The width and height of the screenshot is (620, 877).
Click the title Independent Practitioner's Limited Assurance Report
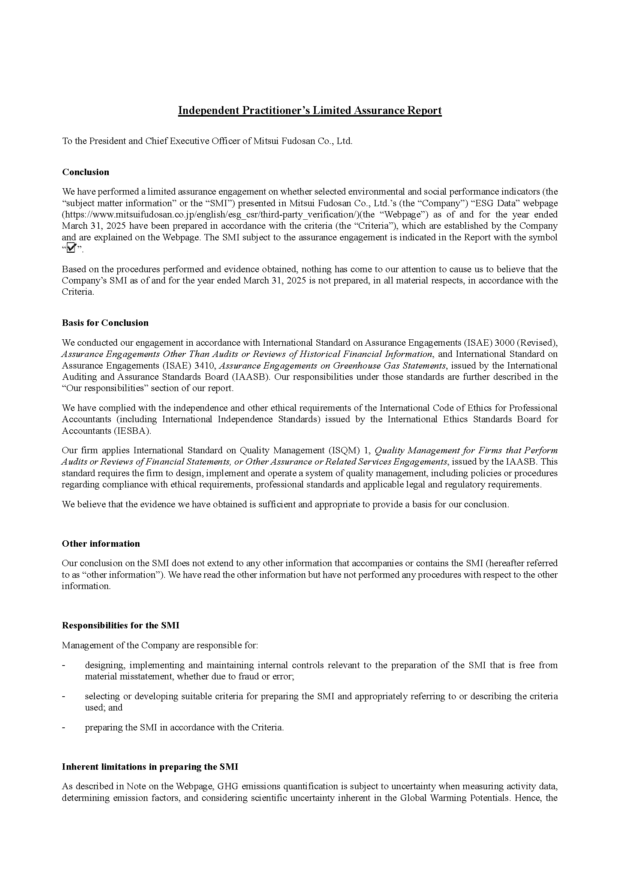point(310,111)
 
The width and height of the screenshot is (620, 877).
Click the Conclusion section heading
point(85,172)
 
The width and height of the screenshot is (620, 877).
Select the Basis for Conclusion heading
point(105,323)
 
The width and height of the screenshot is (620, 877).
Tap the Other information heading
point(101,544)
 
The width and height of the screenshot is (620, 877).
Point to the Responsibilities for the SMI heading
point(120,625)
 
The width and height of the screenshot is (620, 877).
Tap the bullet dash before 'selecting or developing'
point(64,696)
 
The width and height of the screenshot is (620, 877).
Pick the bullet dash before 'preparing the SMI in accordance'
point(64,727)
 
